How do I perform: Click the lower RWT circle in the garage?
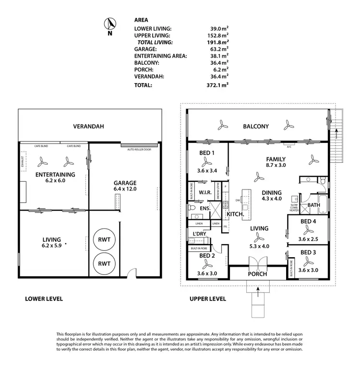click(x=104, y=263)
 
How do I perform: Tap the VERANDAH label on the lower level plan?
click(x=88, y=127)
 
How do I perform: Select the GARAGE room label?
click(x=125, y=183)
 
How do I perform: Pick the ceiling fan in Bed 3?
click(x=307, y=261)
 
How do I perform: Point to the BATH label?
click(x=314, y=205)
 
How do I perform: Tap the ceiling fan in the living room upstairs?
click(x=259, y=237)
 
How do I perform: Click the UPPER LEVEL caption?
click(x=207, y=298)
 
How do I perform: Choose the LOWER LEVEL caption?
click(x=44, y=298)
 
